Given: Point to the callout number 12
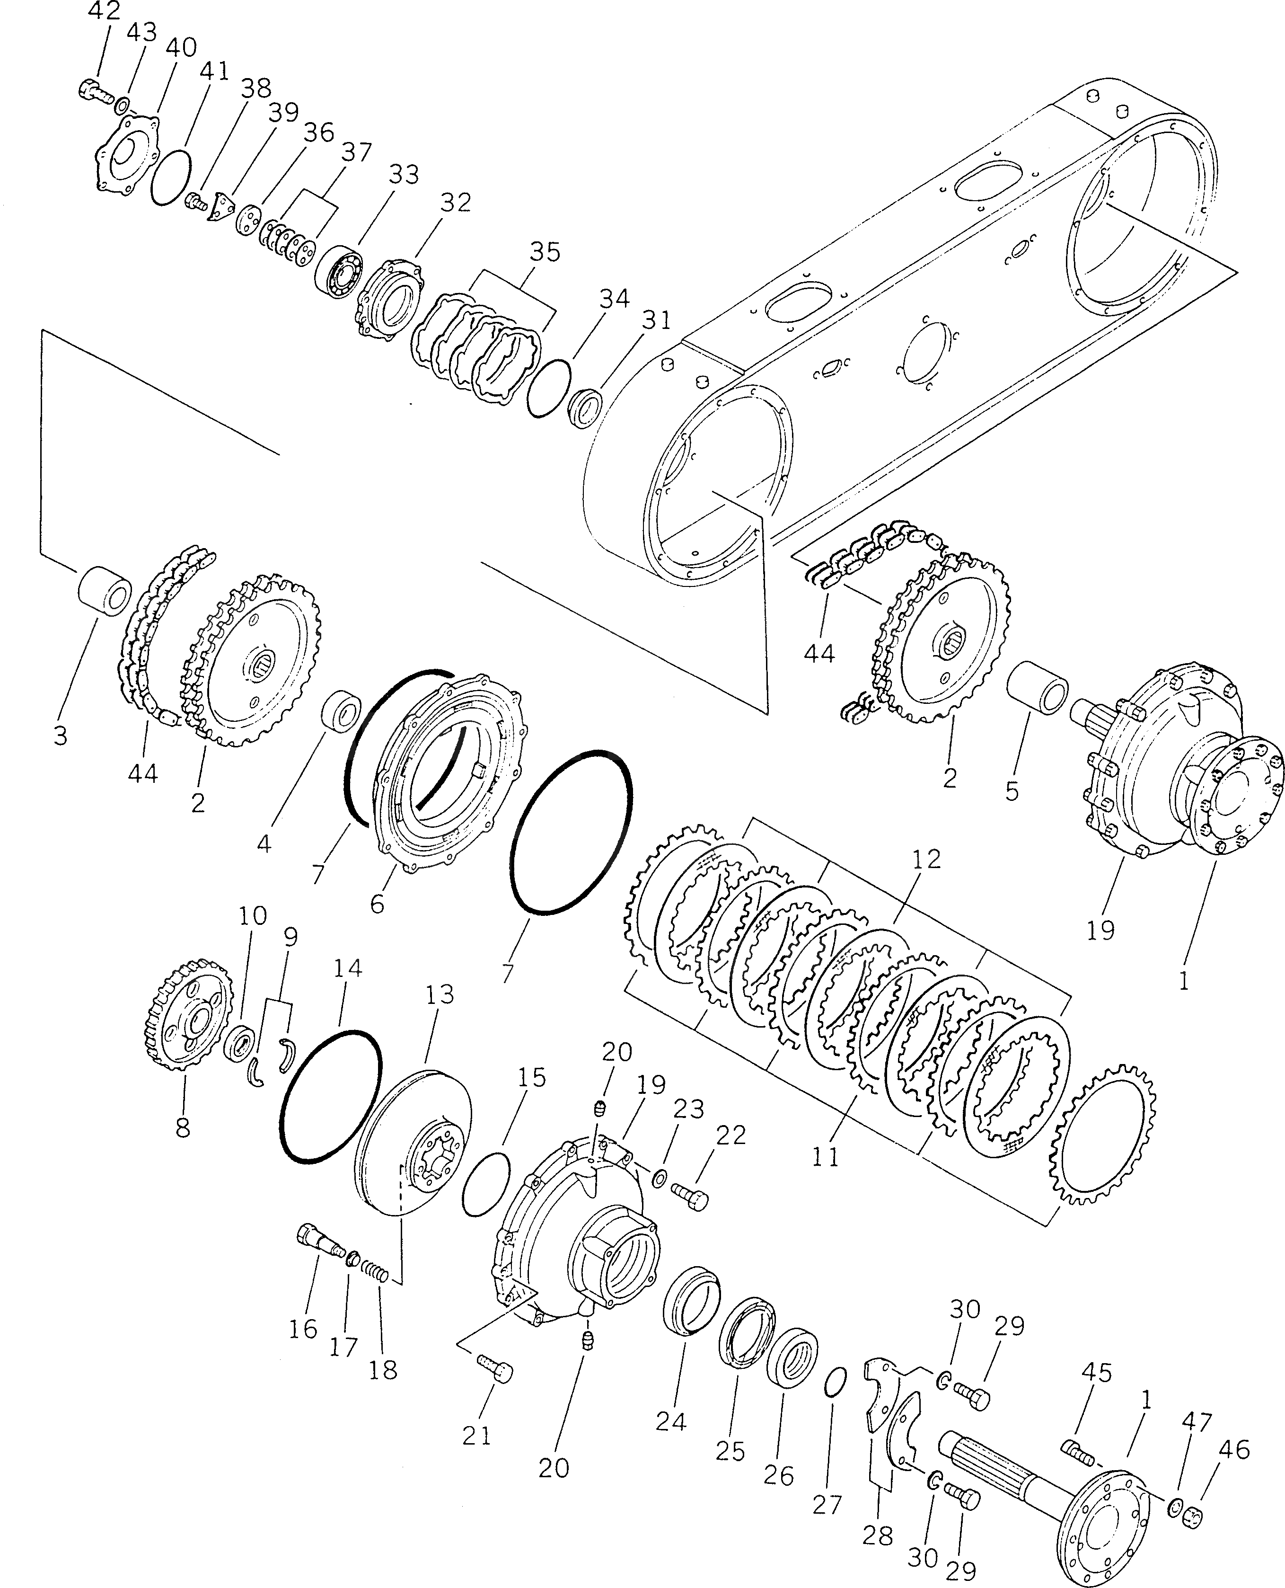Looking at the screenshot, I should click(x=926, y=858).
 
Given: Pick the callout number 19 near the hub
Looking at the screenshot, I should click(x=1100, y=930).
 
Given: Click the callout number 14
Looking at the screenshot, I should click(x=347, y=967).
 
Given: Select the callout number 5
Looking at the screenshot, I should click(x=1012, y=790).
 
